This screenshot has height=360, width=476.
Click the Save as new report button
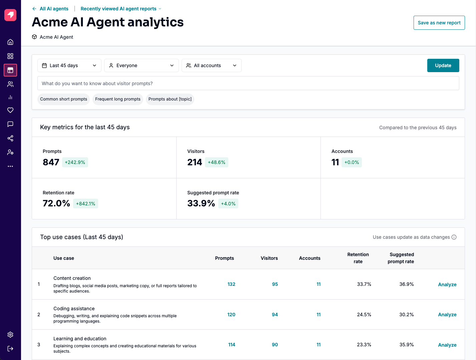point(439,23)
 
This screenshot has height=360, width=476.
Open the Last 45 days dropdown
point(69,65)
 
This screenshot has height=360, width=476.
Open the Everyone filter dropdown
point(142,65)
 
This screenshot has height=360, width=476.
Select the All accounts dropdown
point(211,65)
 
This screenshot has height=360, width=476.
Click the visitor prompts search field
point(248,83)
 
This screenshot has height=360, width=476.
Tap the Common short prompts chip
point(63,99)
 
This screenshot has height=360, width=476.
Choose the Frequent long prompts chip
point(117,99)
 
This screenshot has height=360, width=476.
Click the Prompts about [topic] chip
point(170,99)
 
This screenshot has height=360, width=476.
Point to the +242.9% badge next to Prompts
point(75,162)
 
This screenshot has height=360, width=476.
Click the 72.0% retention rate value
point(56,203)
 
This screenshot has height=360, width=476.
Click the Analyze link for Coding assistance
point(447,315)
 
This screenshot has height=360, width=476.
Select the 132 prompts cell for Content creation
point(231,284)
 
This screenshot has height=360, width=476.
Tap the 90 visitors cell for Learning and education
point(275,345)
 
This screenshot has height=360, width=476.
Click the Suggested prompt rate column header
point(401,258)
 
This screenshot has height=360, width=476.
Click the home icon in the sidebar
point(10,42)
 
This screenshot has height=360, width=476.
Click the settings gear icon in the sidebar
point(10,335)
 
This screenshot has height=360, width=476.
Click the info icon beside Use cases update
point(454,237)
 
